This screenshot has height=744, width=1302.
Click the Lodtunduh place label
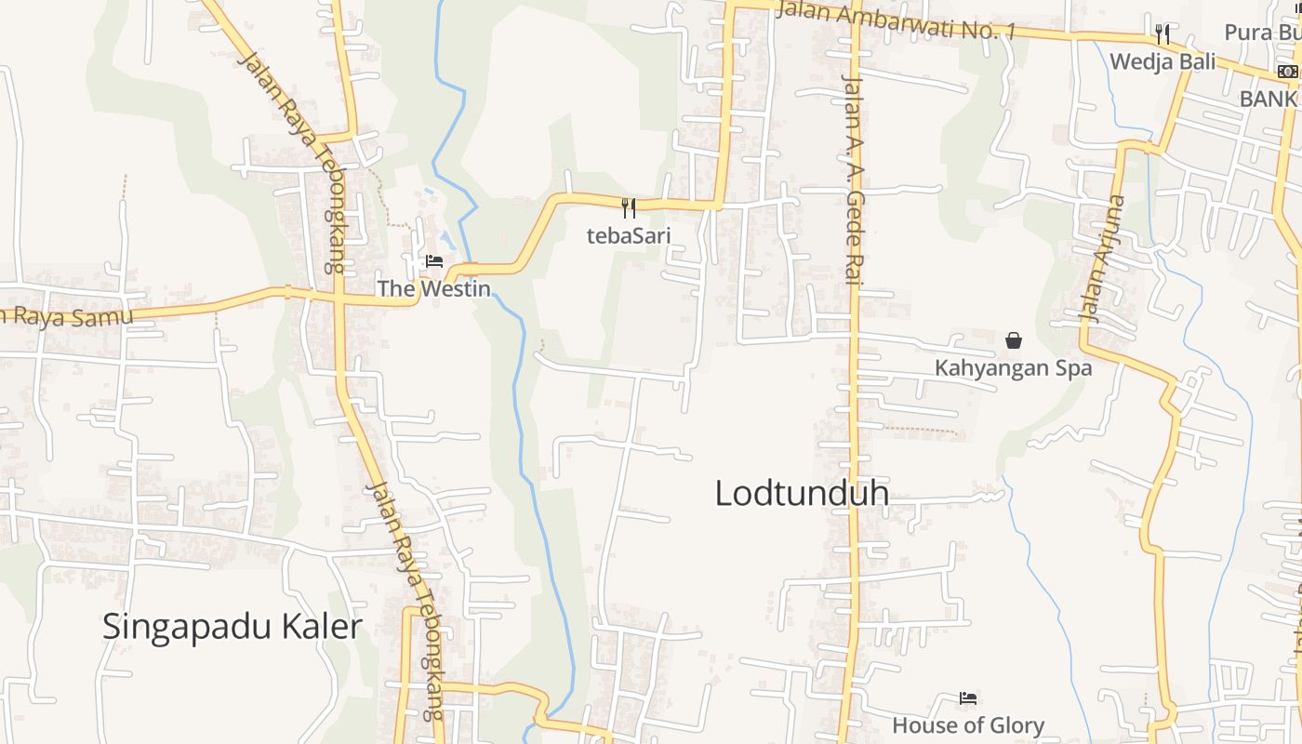(x=802, y=493)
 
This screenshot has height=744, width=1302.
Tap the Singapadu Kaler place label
(x=232, y=627)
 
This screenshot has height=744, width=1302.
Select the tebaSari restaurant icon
(x=629, y=207)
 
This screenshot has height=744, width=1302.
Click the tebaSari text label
(x=629, y=235)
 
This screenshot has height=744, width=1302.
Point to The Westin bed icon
(x=434, y=261)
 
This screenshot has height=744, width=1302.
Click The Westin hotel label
(x=433, y=288)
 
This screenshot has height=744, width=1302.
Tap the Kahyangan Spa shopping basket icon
(x=1014, y=340)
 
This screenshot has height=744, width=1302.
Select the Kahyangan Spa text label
(x=1013, y=368)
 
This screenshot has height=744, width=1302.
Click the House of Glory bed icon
(x=968, y=697)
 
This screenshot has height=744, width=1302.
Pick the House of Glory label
(x=968, y=725)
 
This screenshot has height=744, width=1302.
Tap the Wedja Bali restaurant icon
(x=1162, y=34)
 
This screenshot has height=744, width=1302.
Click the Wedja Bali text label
(x=1162, y=62)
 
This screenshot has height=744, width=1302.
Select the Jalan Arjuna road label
(x=1103, y=259)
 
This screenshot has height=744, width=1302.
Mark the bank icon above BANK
(x=1287, y=72)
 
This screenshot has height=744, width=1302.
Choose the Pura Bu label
(x=1261, y=33)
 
